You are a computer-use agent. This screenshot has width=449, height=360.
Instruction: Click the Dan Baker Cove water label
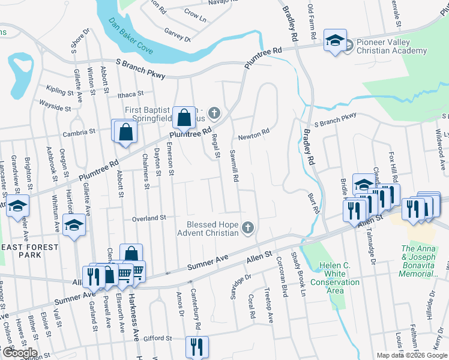pos(131,32)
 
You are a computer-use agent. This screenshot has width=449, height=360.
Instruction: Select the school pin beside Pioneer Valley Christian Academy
pos(334,40)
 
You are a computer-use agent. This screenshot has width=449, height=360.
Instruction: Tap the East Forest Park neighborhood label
pos(29,251)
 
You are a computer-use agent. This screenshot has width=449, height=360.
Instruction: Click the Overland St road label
pos(148,218)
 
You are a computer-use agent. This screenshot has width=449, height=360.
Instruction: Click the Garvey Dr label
pos(177,37)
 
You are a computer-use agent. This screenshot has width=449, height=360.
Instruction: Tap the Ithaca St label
pos(130,94)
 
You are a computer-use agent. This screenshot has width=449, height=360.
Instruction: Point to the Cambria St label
pos(83,131)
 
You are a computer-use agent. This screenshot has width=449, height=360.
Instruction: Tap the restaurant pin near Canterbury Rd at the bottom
pos(197,345)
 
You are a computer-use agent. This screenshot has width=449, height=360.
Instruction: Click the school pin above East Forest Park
pos(74,224)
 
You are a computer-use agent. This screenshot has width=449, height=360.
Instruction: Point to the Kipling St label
pos(59,91)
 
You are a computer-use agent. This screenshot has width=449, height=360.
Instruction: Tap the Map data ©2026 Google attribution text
pos(411,355)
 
